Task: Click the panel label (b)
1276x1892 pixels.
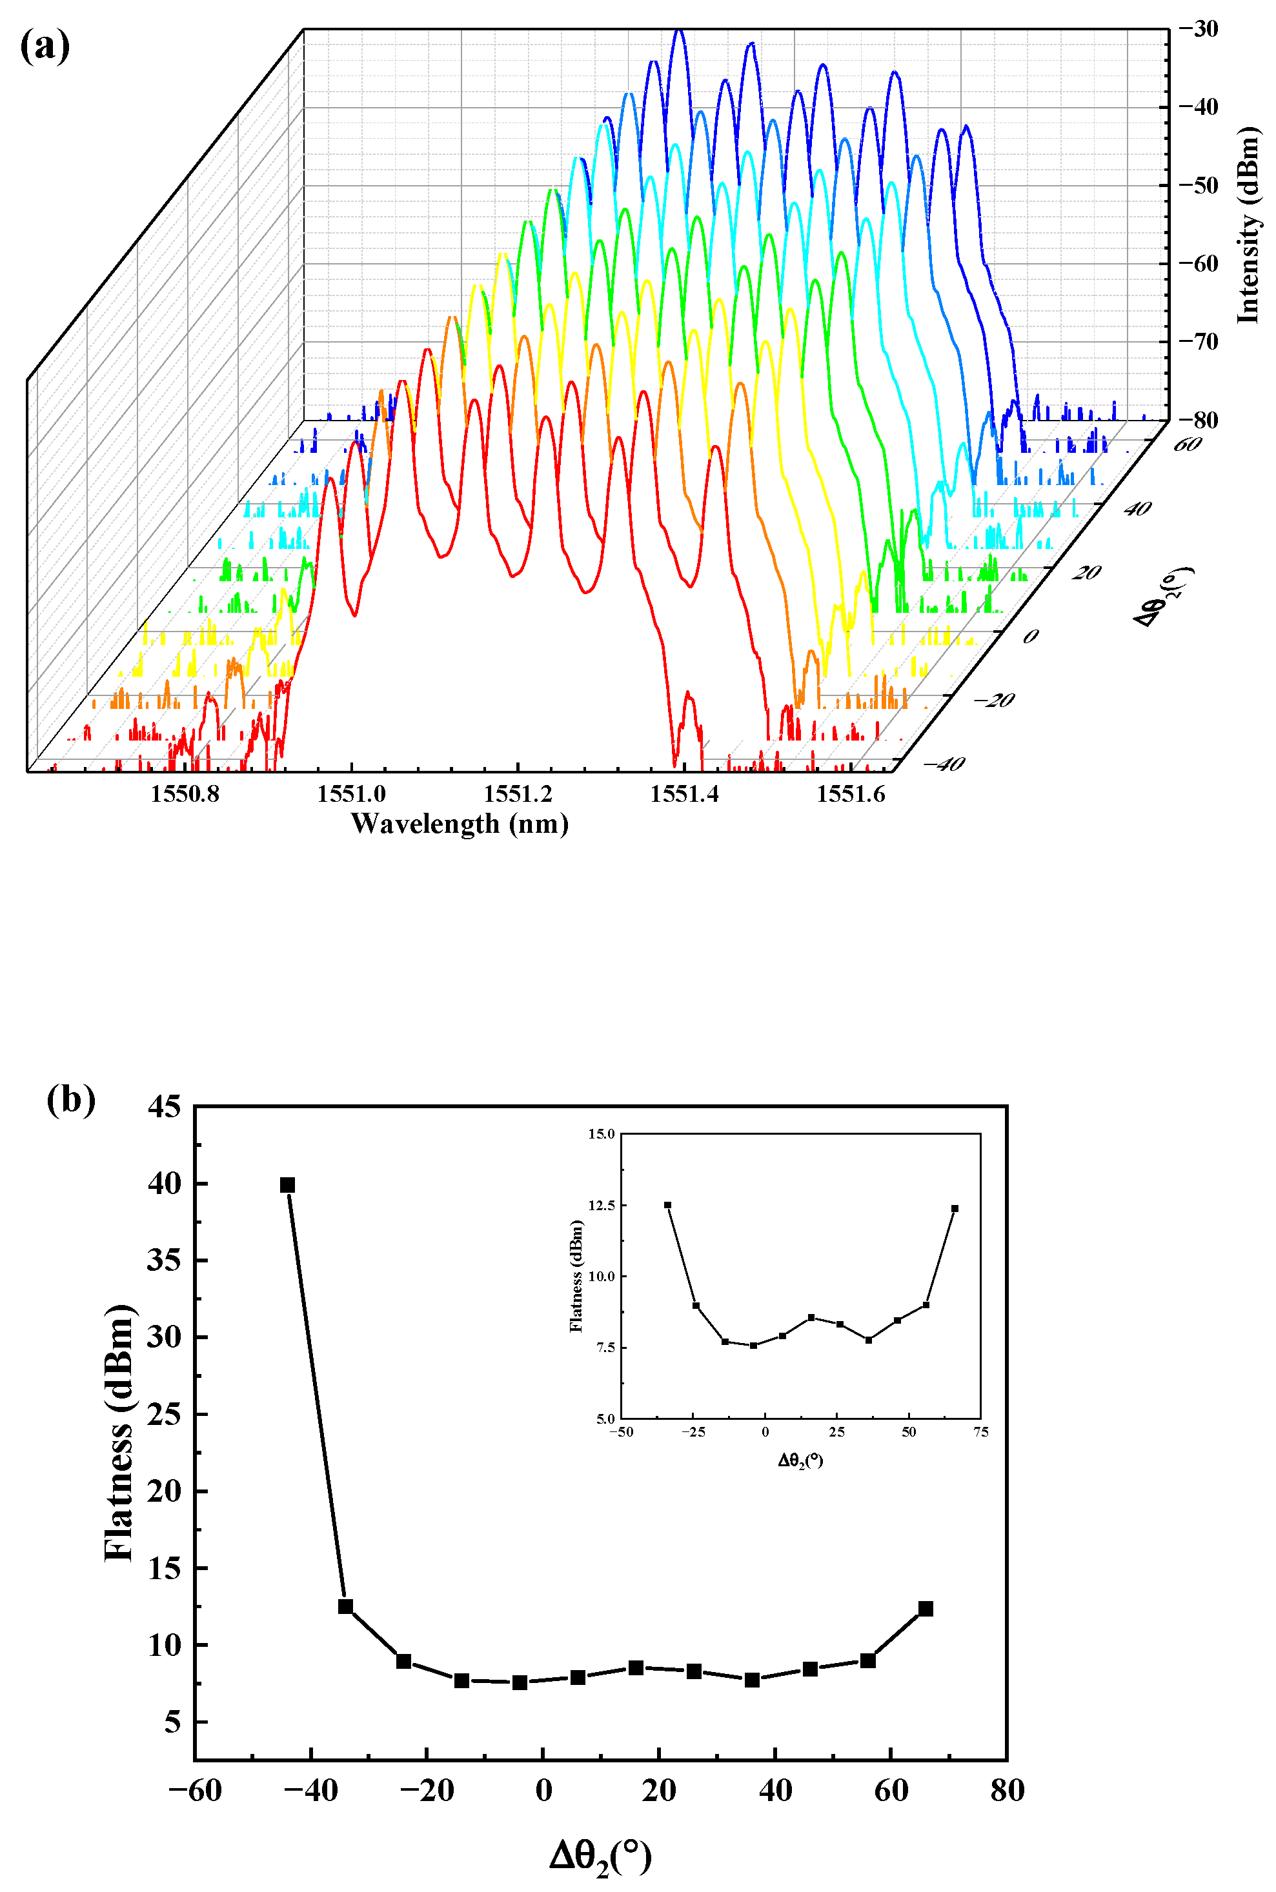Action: [71, 1099]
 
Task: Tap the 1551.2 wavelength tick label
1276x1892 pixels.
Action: [518, 795]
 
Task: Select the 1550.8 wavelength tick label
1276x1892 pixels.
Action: [185, 795]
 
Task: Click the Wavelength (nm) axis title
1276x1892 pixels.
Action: [459, 824]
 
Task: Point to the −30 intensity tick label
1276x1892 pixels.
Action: [1198, 29]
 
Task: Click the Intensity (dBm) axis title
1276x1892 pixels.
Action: [1247, 225]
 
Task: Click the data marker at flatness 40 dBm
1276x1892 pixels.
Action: [287, 1185]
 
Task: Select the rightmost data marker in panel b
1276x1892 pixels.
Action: [926, 1609]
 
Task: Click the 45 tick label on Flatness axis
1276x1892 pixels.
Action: [165, 1106]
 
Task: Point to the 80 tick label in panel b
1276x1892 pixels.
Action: [1008, 1790]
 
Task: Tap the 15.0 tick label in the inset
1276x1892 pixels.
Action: [602, 1134]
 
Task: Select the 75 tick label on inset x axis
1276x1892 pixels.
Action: [980, 1433]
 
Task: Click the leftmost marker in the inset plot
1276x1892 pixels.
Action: [668, 1204]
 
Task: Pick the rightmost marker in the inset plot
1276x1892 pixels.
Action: [955, 1209]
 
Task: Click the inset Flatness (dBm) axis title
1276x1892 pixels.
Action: [577, 1275]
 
